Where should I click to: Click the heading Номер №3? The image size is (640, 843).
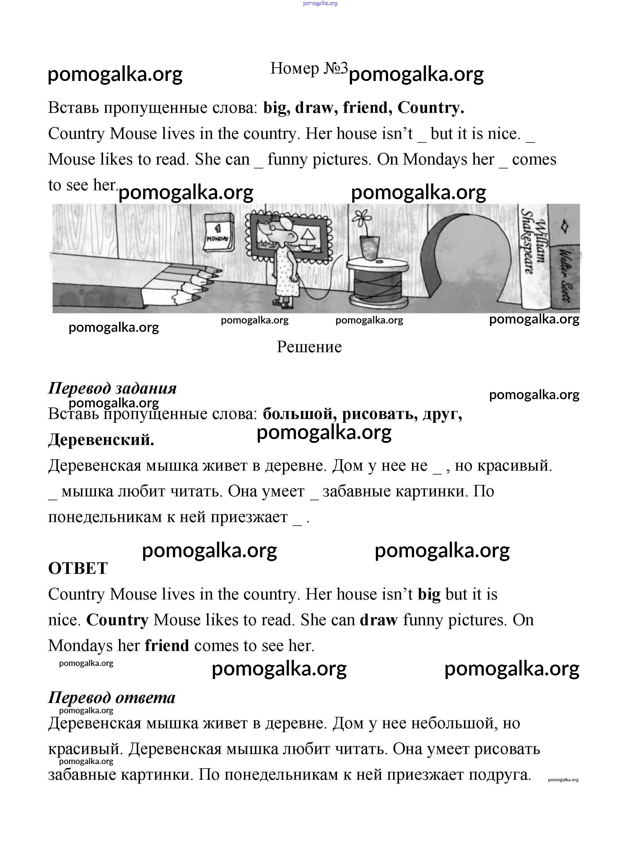click(x=309, y=69)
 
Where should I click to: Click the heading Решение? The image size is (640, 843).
click(x=309, y=347)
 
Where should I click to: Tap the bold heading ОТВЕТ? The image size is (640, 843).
click(x=78, y=568)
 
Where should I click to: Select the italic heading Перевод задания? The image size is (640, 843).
click(x=113, y=388)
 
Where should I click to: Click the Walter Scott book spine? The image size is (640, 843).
click(x=565, y=274)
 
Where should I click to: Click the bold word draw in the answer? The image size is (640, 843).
click(x=379, y=620)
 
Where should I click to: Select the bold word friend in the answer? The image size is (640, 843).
click(x=167, y=646)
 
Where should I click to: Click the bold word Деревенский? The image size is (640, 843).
click(x=101, y=440)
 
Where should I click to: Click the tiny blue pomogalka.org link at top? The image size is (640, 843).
click(x=320, y=4)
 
